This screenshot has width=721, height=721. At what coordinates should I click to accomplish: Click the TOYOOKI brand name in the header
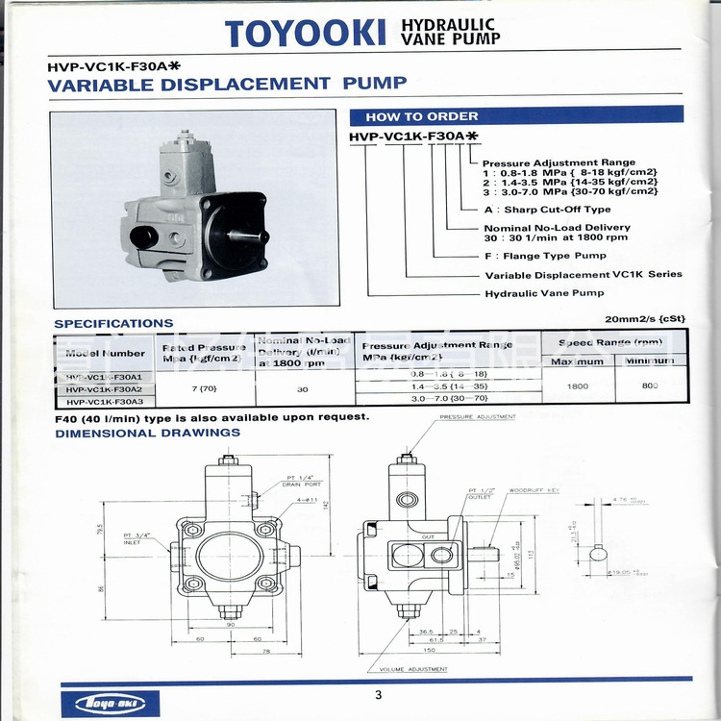[x=306, y=34]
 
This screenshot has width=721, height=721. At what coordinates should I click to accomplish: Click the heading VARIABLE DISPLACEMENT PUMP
[x=227, y=84]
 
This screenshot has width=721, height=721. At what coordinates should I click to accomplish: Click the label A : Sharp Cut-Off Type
[x=546, y=209]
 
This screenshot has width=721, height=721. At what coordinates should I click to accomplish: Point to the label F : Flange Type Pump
[x=545, y=256]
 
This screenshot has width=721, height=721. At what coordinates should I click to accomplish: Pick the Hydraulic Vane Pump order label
[x=544, y=293]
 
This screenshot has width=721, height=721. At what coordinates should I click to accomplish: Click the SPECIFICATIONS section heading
[x=113, y=324]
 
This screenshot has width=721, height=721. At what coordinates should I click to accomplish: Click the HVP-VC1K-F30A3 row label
[x=104, y=400]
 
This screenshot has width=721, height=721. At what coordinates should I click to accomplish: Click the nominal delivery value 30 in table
[x=302, y=389]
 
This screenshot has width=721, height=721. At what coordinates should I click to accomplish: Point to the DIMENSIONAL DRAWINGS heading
[x=147, y=433]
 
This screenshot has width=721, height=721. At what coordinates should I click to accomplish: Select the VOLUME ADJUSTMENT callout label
[x=413, y=669]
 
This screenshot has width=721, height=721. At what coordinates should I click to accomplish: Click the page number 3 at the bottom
[x=378, y=695]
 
